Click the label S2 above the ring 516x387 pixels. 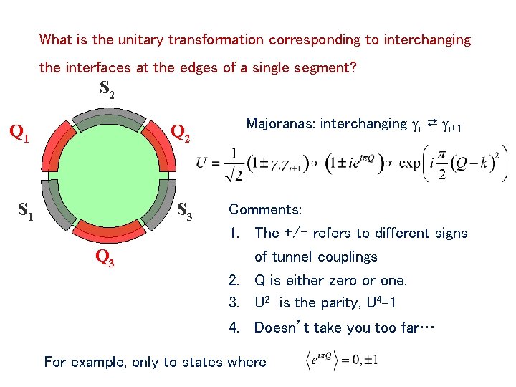pos(107,90)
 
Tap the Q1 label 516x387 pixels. pos(19,133)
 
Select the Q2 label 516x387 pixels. pos(181,133)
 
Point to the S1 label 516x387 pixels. pos(26,211)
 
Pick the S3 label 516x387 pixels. pos(185,211)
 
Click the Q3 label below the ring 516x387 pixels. pos(105,259)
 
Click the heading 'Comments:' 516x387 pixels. pos(264,210)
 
